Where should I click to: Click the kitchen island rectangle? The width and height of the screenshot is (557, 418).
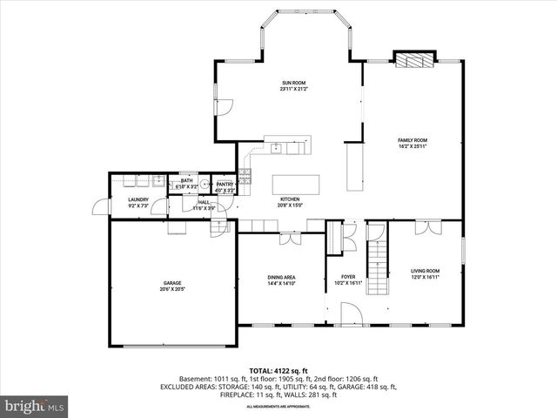point(296,184)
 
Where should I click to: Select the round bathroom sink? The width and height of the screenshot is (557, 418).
point(202,184)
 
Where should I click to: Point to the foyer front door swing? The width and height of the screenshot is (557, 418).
point(350,313)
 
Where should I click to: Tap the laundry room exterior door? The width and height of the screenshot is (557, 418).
point(99,208)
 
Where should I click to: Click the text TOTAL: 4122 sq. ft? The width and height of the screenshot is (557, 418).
point(278,371)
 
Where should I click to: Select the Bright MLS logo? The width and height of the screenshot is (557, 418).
point(35,406)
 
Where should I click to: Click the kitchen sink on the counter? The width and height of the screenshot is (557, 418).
point(276,147)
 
